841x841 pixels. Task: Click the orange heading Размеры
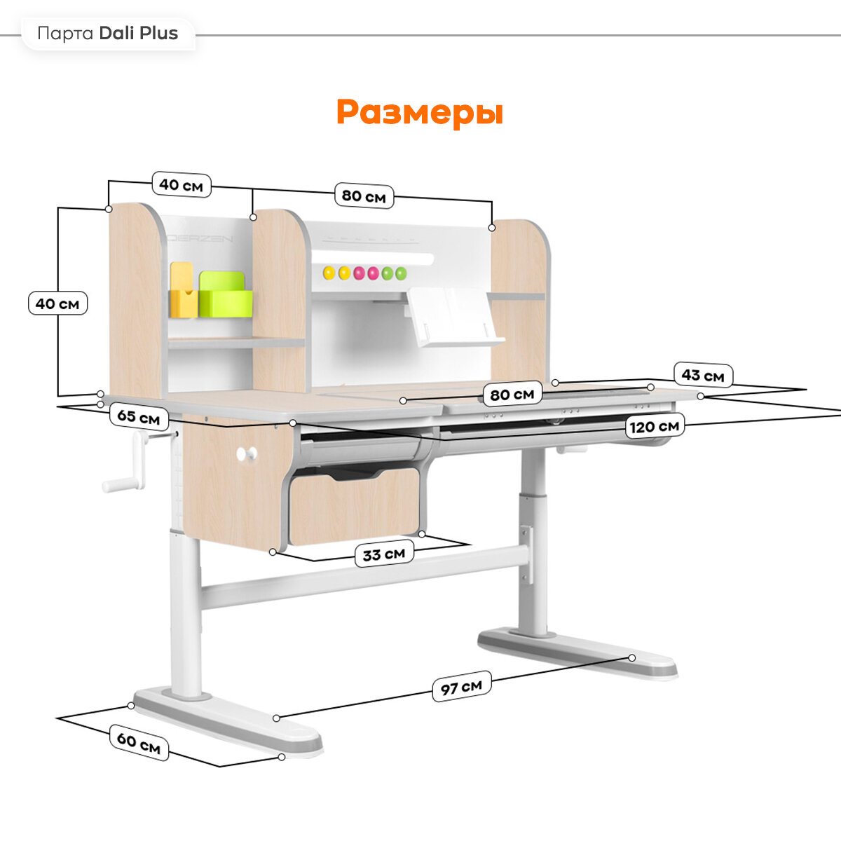419,112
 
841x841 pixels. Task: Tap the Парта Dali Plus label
108,34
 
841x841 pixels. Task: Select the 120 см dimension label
654,426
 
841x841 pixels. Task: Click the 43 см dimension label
702,376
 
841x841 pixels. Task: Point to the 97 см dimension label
460,688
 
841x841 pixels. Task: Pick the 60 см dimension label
139,742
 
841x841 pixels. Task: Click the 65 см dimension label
138,417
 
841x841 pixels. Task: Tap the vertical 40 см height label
57,304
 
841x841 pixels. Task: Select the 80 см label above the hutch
363,196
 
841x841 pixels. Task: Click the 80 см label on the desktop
512,395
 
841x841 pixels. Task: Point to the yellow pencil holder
183,291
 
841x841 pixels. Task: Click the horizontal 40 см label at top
181,185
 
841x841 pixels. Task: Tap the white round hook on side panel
246,454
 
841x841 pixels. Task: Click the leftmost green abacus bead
387,273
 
